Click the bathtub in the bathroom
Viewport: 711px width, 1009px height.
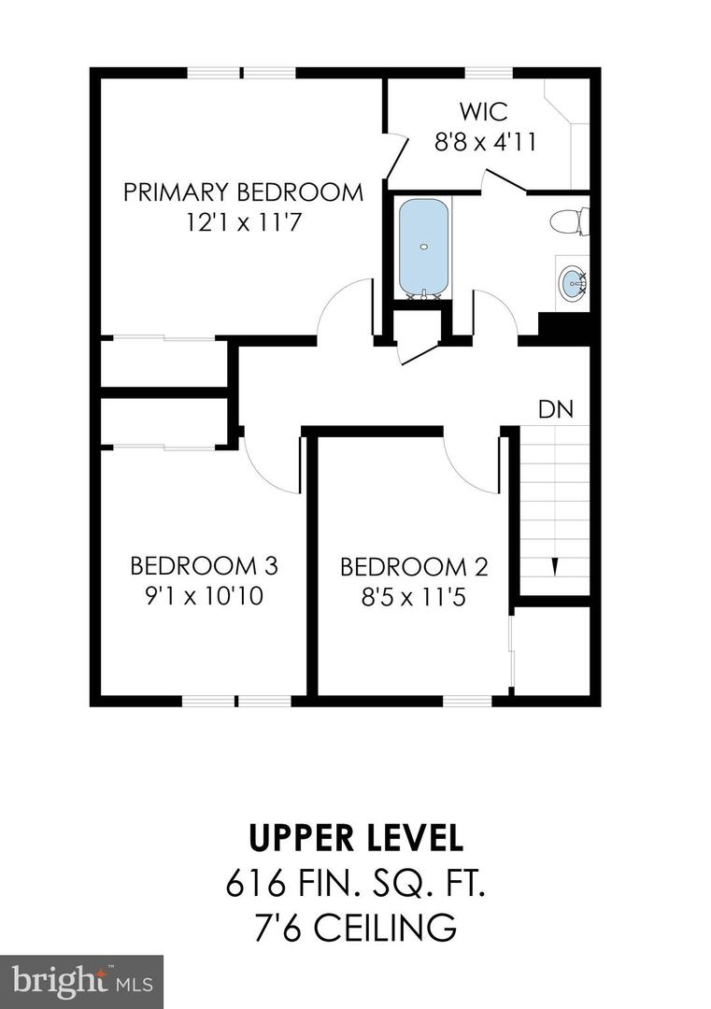[423, 247]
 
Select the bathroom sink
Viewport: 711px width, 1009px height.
[571, 281]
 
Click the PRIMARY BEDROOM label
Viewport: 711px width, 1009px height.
[243, 192]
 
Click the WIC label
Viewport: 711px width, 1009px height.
[484, 112]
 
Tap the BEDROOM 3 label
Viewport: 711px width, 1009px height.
[204, 565]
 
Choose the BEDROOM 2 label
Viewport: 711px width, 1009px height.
[414, 566]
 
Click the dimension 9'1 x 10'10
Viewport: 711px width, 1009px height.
[204, 596]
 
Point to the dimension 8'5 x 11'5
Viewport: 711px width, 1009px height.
[414, 596]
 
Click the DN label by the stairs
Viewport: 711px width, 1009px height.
[555, 409]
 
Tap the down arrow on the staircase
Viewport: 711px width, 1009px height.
[555, 566]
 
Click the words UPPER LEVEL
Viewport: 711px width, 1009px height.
[355, 837]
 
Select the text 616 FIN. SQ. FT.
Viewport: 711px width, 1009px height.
[355, 883]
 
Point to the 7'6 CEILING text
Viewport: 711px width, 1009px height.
[355, 929]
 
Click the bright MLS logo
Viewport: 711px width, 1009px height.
[81, 981]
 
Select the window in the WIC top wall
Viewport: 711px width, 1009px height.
[489, 73]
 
